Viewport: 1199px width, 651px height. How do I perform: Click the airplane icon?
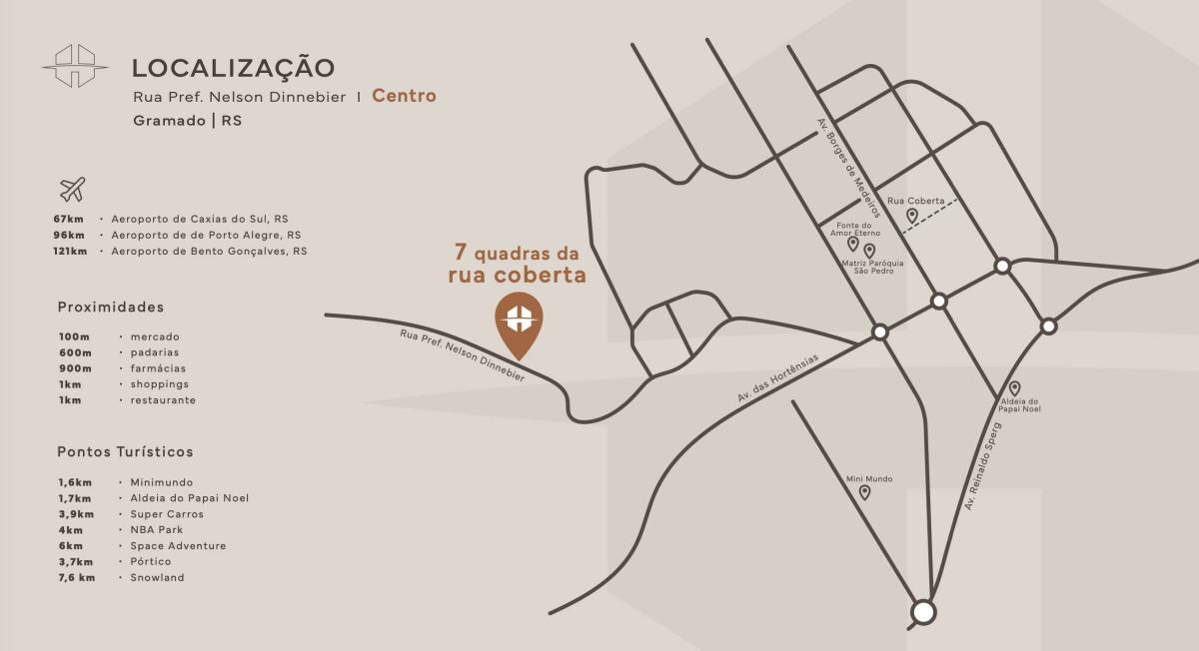click(72, 189)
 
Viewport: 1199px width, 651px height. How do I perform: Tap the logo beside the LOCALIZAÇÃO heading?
click(75, 66)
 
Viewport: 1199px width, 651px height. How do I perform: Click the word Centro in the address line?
click(404, 96)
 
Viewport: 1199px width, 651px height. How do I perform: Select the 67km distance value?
click(71, 219)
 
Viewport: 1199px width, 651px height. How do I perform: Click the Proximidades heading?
click(110, 307)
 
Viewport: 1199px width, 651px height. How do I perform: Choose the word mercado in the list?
click(155, 336)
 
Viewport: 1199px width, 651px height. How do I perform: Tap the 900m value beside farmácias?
click(74, 368)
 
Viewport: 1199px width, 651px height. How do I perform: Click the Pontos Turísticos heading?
click(125, 452)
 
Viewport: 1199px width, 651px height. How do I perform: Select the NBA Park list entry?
click(156, 530)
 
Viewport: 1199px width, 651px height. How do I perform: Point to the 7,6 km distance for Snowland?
click(76, 578)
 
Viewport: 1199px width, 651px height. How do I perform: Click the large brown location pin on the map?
click(519, 324)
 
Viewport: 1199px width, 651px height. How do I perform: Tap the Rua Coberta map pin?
click(911, 215)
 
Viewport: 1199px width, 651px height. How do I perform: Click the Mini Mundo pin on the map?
click(864, 492)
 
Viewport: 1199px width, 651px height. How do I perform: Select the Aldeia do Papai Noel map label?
click(1020, 405)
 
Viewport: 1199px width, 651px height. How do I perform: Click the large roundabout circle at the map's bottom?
click(923, 611)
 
